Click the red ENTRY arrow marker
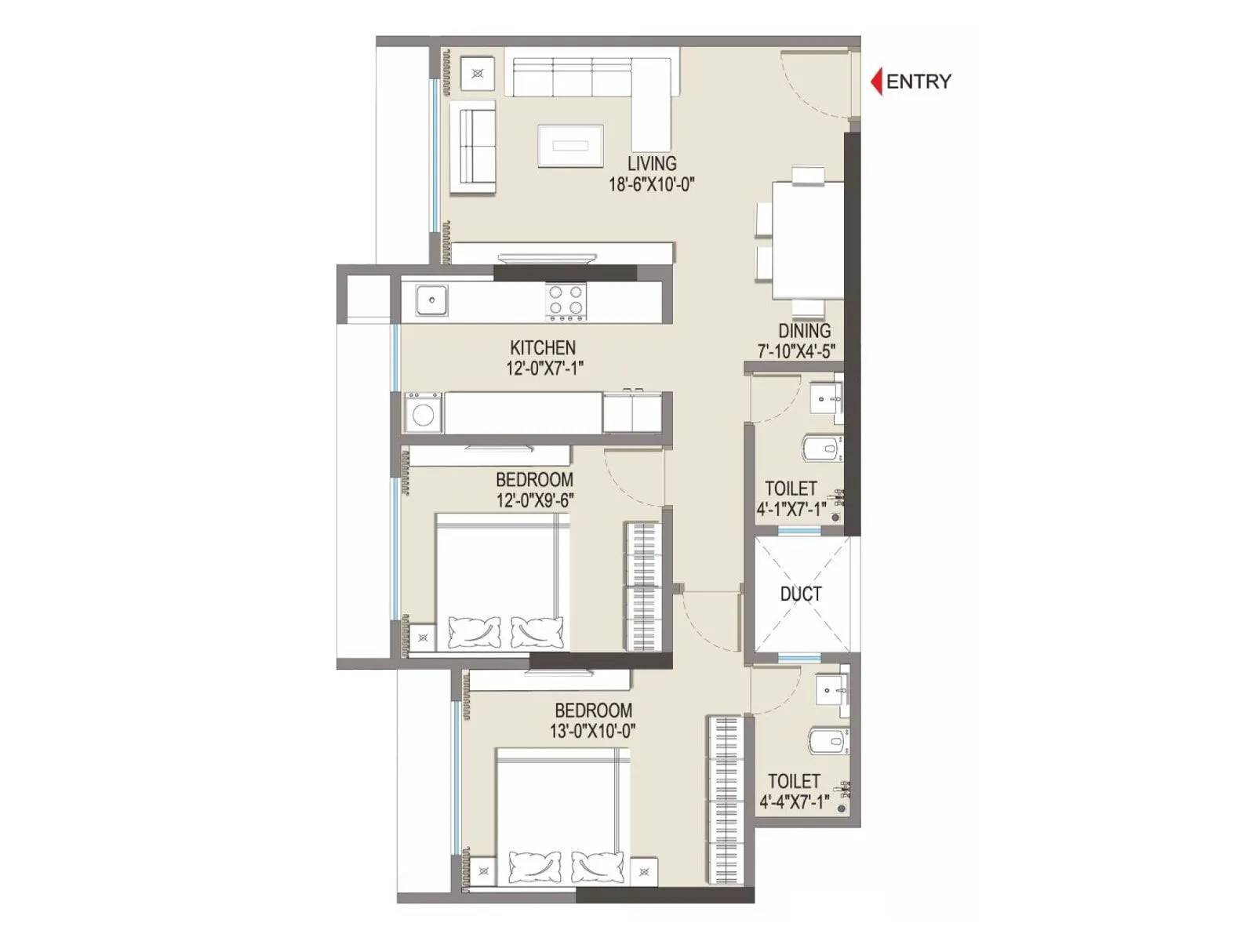[877, 81]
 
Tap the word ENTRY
[919, 82]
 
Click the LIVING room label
[652, 164]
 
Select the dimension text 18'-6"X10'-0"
[652, 185]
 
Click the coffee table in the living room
[570, 146]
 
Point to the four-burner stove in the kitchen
[566, 301]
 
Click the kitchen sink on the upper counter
[431, 300]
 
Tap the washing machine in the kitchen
[423, 413]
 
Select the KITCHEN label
[543, 347]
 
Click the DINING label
[804, 331]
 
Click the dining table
[808, 239]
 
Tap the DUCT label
[801, 594]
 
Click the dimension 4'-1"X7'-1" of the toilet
[791, 510]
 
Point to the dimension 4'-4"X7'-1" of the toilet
[795, 802]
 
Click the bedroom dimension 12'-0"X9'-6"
[535, 500]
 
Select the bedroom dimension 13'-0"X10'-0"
[593, 732]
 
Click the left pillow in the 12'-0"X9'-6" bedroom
[474, 631]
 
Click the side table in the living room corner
[477, 74]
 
